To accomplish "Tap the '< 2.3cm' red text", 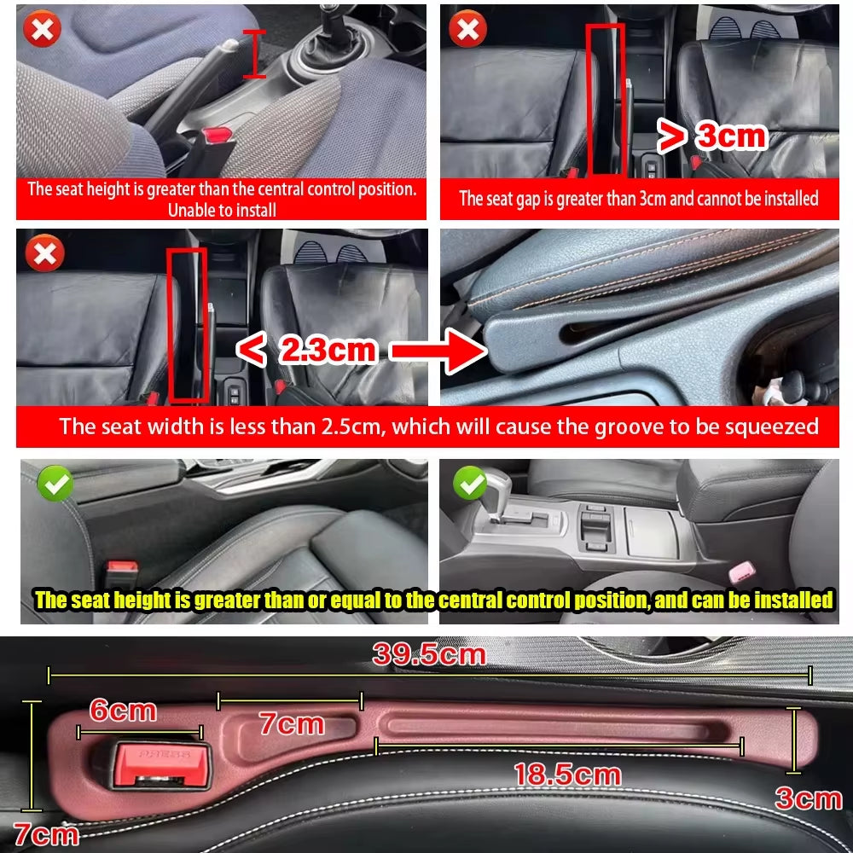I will pyautogui.click(x=306, y=350).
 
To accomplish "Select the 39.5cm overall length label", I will pyautogui.click(x=428, y=655).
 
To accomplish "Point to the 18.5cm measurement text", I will pyautogui.click(x=566, y=775).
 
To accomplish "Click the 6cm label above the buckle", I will pyautogui.click(x=123, y=711).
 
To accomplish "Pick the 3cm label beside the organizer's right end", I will pyautogui.click(x=808, y=798).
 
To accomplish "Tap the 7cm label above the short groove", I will pyautogui.click(x=292, y=724).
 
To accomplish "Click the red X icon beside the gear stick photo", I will pyautogui.click(x=42, y=30).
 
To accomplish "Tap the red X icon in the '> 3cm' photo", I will pyautogui.click(x=467, y=30).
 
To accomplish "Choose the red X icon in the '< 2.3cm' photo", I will pyautogui.click(x=44, y=253).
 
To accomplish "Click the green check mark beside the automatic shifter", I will pyautogui.click(x=468, y=483).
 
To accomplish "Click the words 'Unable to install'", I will pyautogui.click(x=222, y=210).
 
